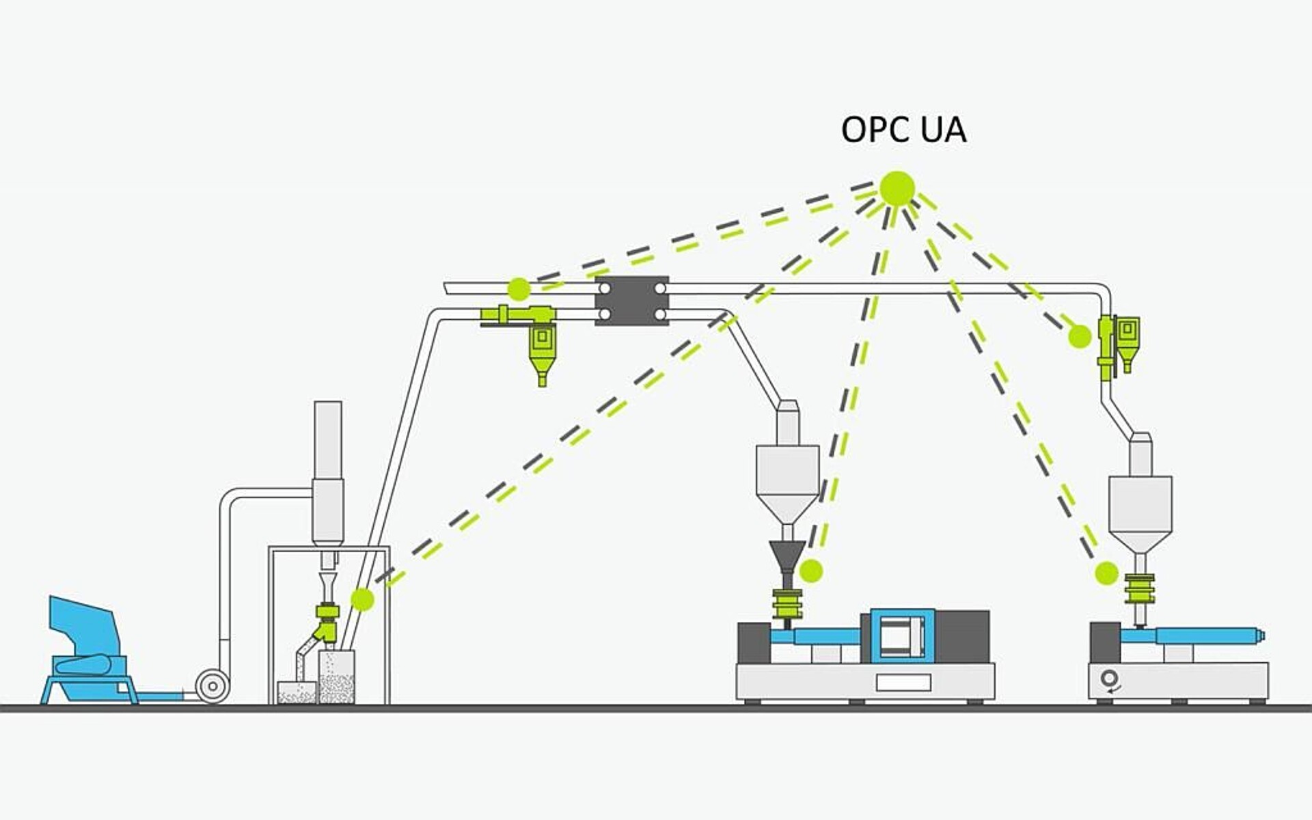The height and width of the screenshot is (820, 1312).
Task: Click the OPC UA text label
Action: (903, 130)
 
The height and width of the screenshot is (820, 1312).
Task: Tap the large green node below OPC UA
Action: (897, 188)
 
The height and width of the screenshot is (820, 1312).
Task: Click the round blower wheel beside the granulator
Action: (213, 685)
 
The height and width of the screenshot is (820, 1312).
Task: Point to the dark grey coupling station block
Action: (631, 301)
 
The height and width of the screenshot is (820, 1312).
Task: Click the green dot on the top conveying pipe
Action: (519, 289)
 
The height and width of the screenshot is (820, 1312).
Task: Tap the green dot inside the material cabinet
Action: (362, 599)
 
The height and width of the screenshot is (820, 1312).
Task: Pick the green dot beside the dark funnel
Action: (811, 571)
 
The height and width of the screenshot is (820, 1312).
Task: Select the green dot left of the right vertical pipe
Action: (1080, 336)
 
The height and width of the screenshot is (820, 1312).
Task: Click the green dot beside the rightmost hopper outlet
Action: (1106, 573)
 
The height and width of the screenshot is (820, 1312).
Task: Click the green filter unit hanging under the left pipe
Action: (542, 348)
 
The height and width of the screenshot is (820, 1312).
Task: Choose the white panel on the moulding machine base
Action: (903, 682)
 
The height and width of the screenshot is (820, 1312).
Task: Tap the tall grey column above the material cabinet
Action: (327, 471)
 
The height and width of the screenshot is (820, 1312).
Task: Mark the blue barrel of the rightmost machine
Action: (1206, 636)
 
